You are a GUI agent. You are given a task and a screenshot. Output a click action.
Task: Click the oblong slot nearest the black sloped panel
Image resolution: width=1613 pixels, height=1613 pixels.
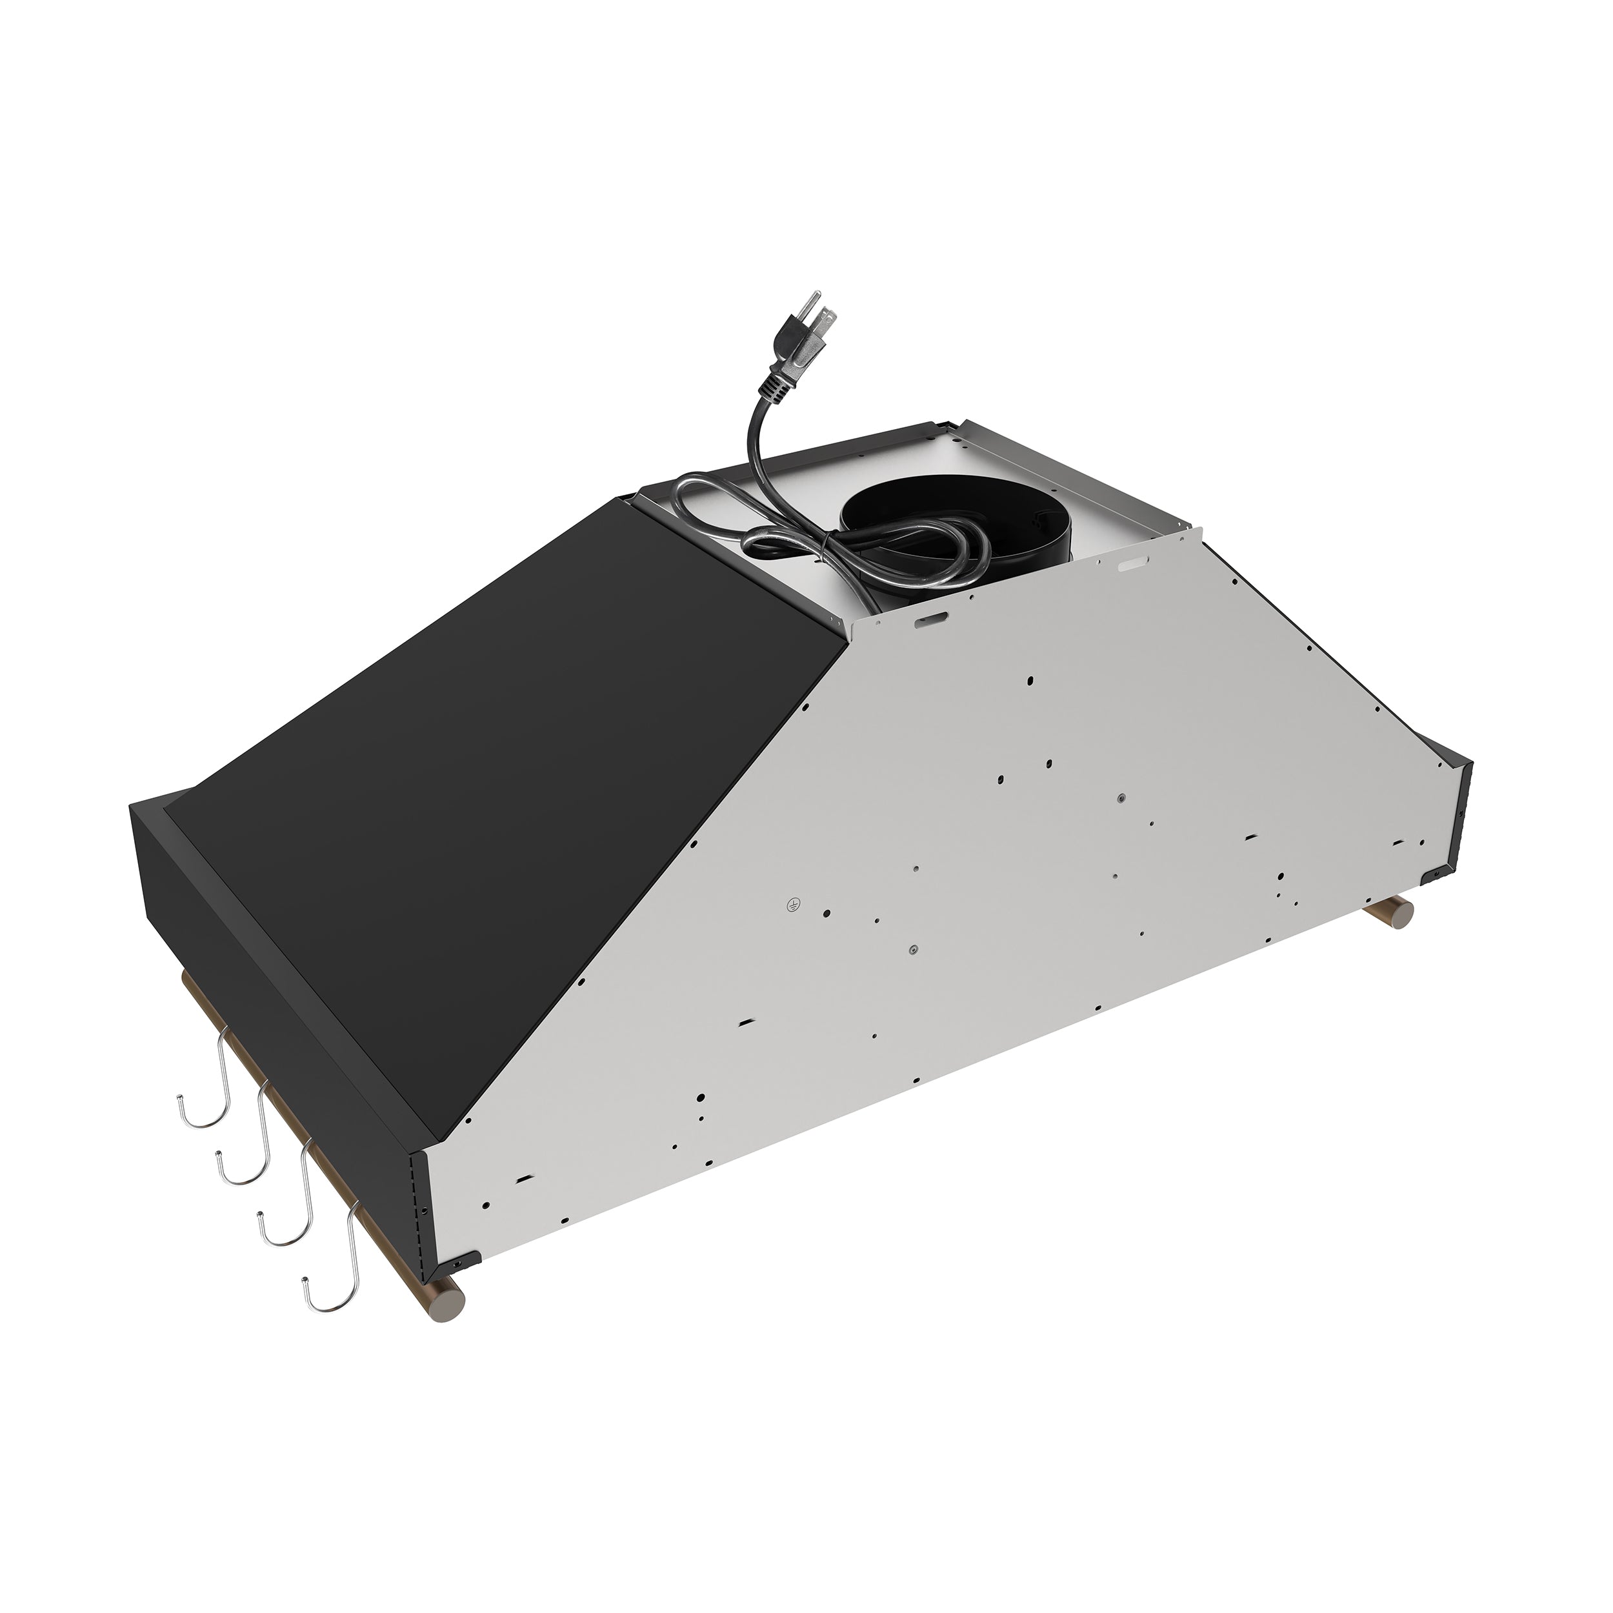pyautogui.click(x=930, y=620)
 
